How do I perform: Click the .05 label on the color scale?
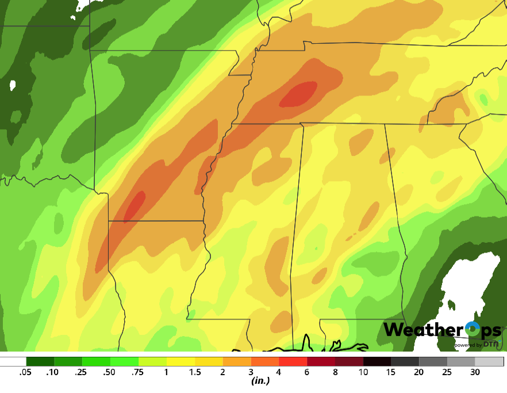coord(25,372)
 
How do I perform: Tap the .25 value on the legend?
coord(82,372)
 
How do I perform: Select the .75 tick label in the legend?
coord(138,372)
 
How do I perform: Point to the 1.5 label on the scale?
coord(194,372)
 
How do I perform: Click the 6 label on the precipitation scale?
coord(307,372)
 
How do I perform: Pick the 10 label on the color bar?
coord(363,372)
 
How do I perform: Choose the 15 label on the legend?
coord(391,372)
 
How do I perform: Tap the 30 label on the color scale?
coord(475,372)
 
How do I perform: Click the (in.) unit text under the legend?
coord(261,381)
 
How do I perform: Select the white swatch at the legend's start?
coord(13,362)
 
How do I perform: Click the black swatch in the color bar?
coord(377,362)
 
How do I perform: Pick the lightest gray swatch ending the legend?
coord(489,362)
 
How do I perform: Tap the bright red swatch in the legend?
coord(293,362)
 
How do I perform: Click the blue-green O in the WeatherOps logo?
coord(472,329)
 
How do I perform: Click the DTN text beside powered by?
coord(490,344)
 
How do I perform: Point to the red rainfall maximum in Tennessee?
coord(299,94)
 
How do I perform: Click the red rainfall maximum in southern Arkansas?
coord(135,205)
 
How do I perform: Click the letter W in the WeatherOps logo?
coord(394,330)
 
